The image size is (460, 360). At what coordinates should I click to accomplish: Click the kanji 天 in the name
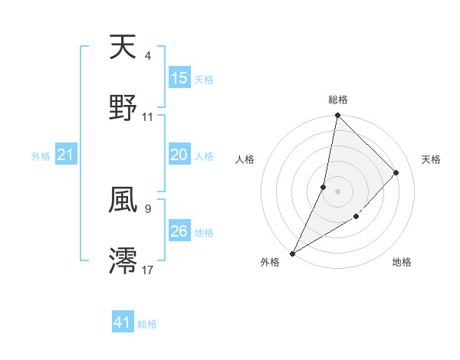pos(123,48)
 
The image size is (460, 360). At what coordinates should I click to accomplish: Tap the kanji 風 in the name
pos(123,201)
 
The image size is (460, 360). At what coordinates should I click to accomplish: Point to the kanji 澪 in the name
pos(123,260)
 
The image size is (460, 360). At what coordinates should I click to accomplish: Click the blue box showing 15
pos(179,78)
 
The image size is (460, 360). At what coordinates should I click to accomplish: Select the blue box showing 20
pos(179,155)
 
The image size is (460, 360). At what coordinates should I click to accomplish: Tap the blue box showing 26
pos(179,231)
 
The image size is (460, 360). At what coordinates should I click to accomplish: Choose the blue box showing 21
pos(66,155)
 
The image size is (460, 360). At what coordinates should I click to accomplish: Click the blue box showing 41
pos(123,322)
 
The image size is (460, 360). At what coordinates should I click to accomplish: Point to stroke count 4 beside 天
pos(147,56)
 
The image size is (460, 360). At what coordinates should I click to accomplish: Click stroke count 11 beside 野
pos(147,117)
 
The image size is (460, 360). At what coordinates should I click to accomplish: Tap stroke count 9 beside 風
pos(147,208)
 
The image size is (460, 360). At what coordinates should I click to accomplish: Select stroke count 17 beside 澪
pos(147,269)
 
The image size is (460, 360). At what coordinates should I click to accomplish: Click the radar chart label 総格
pos(338,100)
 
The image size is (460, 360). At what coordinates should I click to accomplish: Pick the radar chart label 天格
pos(432,159)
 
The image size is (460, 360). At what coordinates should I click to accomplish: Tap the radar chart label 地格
pos(402,262)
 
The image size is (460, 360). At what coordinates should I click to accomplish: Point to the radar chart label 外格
pos(270,262)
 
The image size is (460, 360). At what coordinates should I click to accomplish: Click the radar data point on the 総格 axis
pos(337,116)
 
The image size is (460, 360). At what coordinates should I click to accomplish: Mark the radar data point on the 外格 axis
pos(292,253)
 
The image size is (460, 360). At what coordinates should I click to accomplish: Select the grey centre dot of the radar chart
pos(337,191)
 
